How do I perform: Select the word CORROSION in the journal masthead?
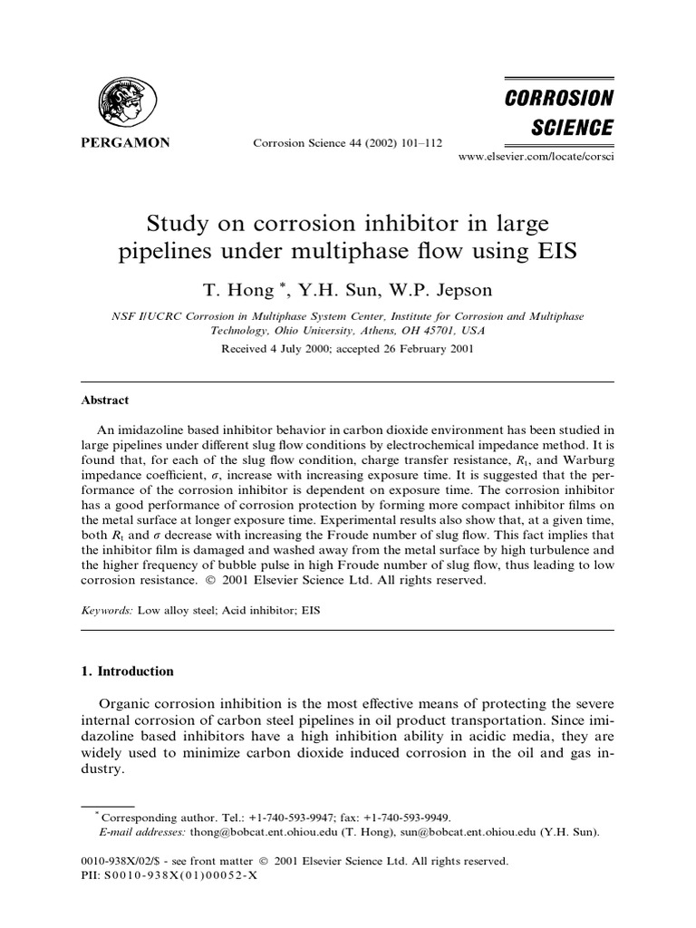[x=559, y=97]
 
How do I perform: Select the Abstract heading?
[x=105, y=401]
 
